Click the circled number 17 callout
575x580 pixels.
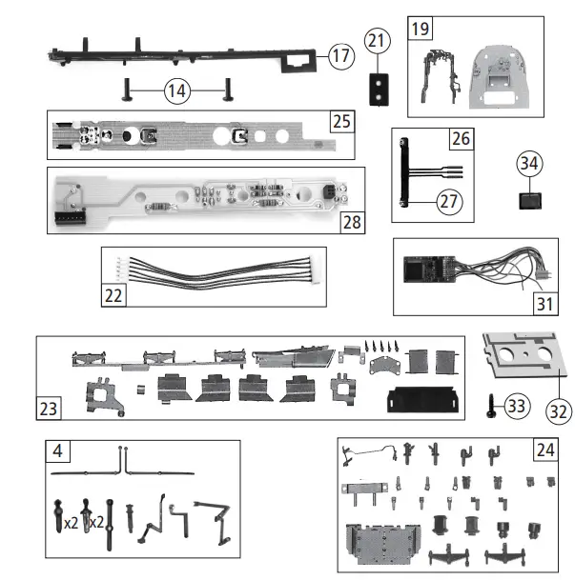(x=340, y=55)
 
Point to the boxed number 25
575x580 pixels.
(x=341, y=121)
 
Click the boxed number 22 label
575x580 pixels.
(x=114, y=295)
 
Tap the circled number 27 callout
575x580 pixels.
(x=448, y=201)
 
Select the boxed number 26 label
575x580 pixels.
(x=462, y=139)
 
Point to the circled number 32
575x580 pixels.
(x=554, y=411)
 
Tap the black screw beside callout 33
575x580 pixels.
(x=490, y=406)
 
